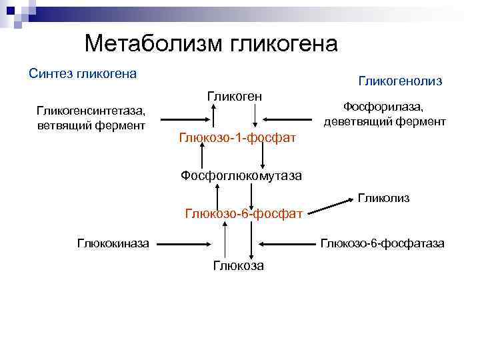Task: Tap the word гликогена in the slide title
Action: click(284, 44)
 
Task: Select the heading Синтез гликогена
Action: click(83, 73)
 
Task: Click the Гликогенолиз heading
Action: click(400, 81)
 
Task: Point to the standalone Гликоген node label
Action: click(234, 97)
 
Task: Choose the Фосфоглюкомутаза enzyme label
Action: click(241, 176)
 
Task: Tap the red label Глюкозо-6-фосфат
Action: click(244, 214)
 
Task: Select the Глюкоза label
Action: click(238, 266)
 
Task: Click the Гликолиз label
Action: click(383, 198)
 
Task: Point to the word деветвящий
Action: click(359, 121)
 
